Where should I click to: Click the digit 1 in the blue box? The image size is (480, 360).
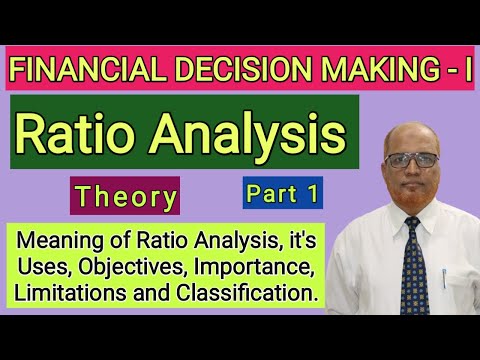[313, 195]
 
